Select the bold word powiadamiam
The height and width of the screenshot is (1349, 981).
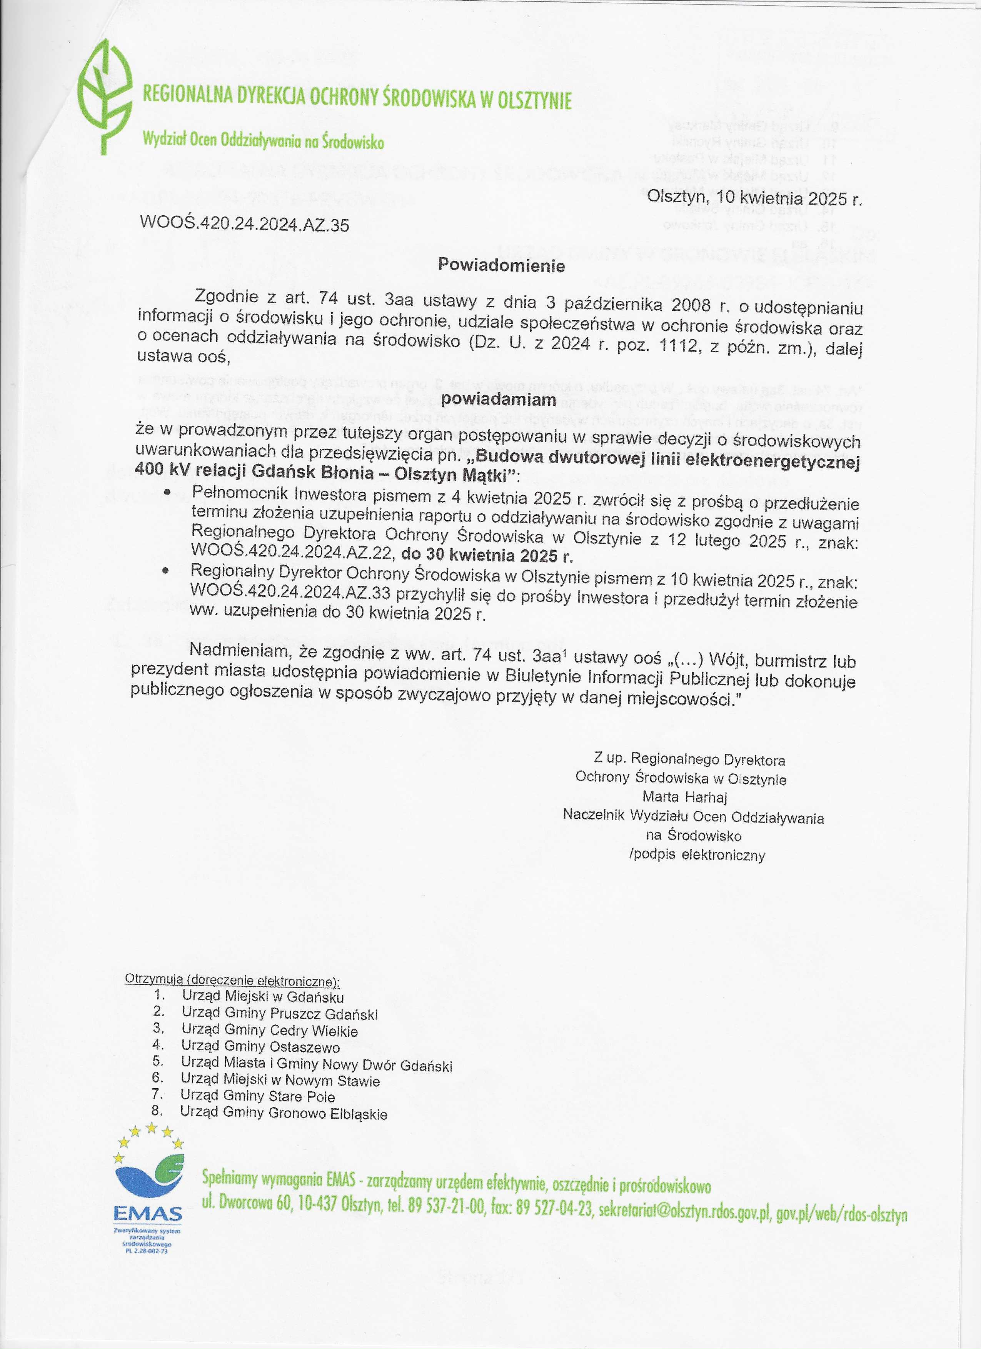pyautogui.click(x=499, y=400)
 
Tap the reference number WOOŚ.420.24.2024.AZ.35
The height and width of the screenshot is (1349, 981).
pyautogui.click(x=244, y=224)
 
